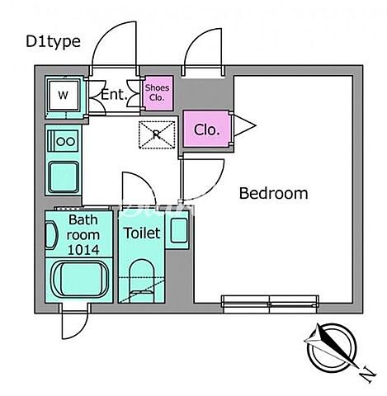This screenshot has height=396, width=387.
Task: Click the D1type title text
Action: point(53,42)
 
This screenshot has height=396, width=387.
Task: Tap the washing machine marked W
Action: point(64,95)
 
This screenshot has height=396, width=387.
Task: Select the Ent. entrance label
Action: point(114,95)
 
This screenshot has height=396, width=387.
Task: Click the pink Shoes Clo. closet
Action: point(157,92)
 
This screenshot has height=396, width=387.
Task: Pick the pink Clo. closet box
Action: point(206,129)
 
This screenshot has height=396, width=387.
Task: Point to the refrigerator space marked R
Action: point(157,134)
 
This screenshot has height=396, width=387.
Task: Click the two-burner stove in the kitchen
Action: point(64,141)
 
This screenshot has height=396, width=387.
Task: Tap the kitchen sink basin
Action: point(64,177)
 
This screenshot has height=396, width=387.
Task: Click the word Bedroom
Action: point(273,193)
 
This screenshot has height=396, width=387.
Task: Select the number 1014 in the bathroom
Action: point(83,250)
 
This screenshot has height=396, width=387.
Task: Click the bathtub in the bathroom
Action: point(78,280)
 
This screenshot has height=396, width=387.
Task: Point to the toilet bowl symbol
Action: point(142,281)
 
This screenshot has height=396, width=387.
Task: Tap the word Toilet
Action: point(142,233)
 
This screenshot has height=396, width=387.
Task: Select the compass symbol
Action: point(332,348)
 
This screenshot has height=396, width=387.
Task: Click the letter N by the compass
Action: point(367,375)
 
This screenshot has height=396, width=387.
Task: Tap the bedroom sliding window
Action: point(271,304)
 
